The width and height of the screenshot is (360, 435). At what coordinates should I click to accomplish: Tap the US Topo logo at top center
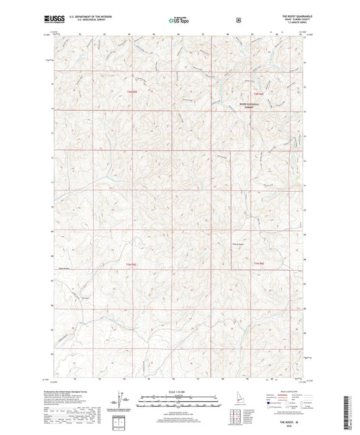point(179,21)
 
